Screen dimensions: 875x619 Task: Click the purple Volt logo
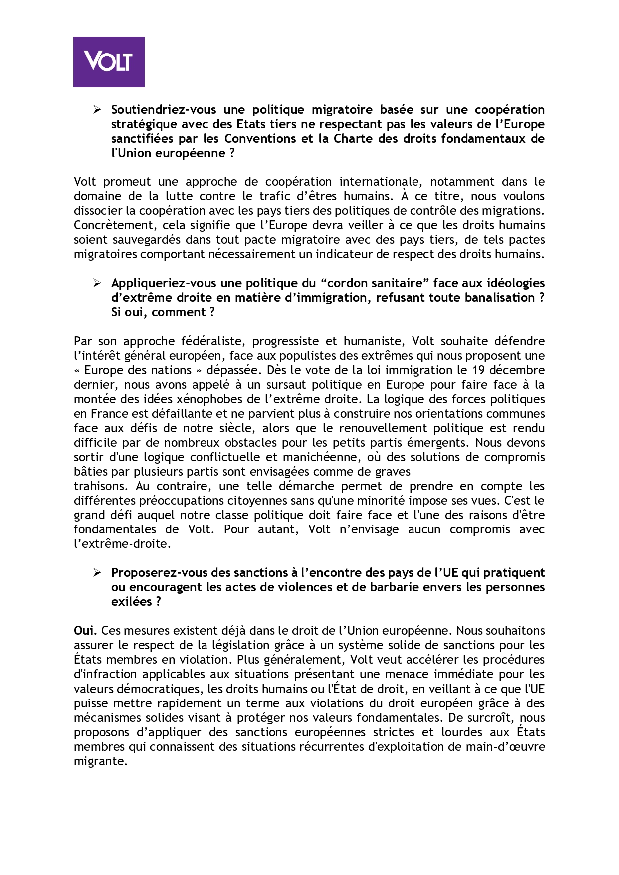click(109, 62)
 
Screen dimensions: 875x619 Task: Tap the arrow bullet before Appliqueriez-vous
click(97, 283)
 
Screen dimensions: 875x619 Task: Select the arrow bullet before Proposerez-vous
click(97, 573)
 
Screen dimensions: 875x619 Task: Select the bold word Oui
click(85, 631)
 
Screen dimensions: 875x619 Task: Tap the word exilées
click(131, 602)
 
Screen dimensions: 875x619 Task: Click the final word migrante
click(100, 761)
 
